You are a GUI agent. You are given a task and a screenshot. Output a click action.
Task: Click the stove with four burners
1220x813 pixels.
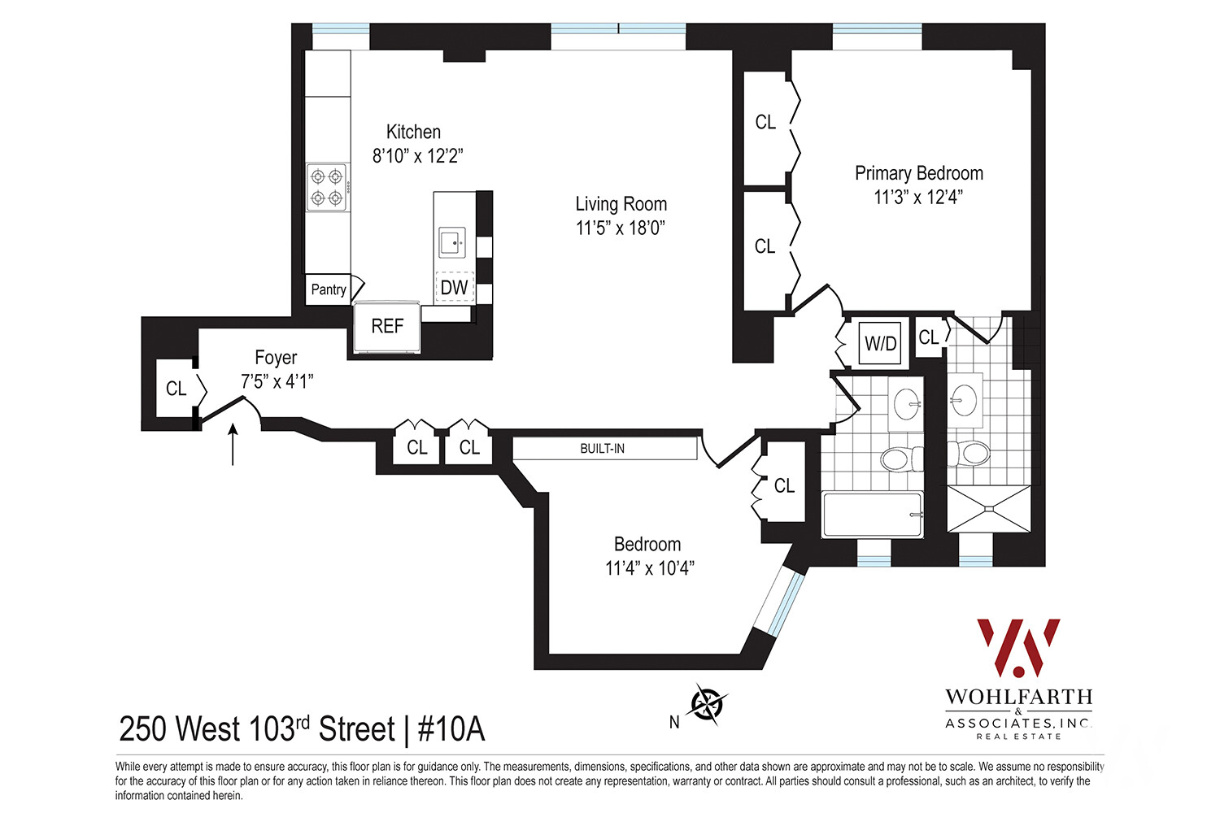(328, 187)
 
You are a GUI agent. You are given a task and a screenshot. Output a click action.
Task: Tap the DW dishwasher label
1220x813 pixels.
(454, 287)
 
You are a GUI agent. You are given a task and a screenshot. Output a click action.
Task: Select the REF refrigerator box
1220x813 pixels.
(387, 326)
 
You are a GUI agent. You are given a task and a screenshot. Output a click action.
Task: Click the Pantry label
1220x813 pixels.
(329, 289)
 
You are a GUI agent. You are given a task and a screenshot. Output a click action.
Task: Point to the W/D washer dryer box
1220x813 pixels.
(880, 343)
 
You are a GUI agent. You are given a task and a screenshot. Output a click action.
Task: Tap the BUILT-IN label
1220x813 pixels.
(603, 449)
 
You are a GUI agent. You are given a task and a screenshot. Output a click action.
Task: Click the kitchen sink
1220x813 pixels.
(451, 242)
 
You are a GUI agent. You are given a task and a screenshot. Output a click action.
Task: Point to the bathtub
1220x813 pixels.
(873, 515)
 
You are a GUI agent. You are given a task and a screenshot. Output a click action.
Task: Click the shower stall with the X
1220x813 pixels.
(988, 509)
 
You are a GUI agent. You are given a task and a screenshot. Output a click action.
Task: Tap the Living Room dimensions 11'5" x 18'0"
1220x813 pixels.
(621, 228)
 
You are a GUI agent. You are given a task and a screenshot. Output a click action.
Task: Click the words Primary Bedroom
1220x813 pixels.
(918, 173)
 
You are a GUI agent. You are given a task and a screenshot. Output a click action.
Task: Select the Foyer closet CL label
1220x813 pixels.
(176, 389)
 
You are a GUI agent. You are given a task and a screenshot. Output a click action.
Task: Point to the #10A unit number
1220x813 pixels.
(451, 729)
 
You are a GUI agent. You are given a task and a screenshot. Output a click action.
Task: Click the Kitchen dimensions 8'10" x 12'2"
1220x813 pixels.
(417, 156)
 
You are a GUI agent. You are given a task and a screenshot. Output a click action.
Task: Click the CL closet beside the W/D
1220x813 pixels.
(928, 337)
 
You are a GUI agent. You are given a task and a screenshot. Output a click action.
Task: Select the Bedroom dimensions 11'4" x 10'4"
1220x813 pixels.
(649, 568)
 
